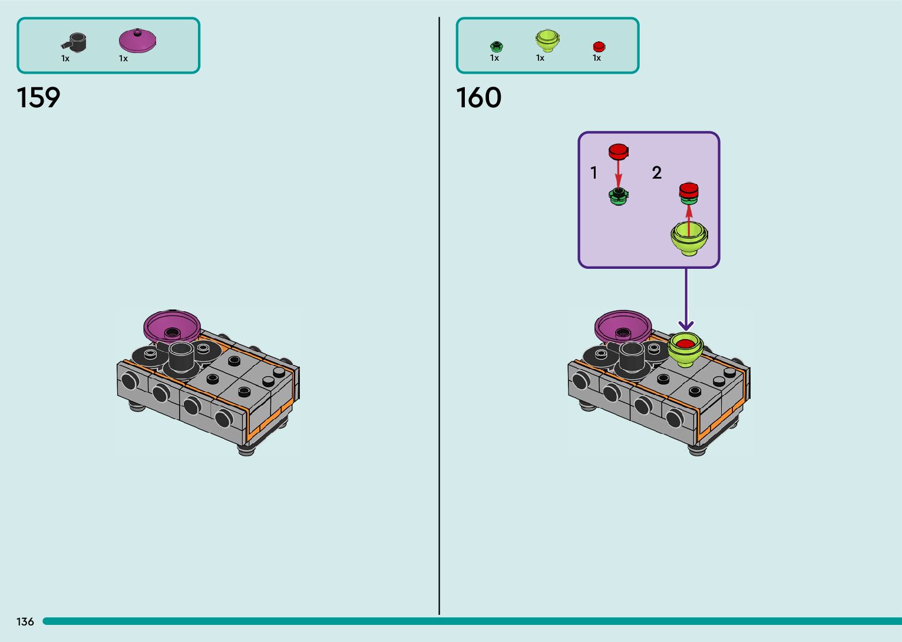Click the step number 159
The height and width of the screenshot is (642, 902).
coord(38,98)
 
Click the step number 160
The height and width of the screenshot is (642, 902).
coord(478,98)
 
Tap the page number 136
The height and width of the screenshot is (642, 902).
coord(25,621)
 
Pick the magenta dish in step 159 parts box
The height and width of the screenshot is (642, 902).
coord(137,41)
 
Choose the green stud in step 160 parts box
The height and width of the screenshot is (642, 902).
coord(496,46)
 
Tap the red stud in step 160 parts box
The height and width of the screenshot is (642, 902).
coord(599,47)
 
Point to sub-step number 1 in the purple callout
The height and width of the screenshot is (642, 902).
coord(594,173)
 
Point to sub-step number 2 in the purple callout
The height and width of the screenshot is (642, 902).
coord(657,173)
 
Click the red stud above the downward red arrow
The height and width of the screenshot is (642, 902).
coord(618,151)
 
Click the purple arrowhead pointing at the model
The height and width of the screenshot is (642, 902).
coord(686,325)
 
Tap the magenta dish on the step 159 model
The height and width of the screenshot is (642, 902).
coord(171,326)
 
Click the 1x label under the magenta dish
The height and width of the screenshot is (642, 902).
coord(123,58)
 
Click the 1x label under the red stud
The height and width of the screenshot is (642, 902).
coord(597,58)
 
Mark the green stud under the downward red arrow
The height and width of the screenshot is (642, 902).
coord(618,196)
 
